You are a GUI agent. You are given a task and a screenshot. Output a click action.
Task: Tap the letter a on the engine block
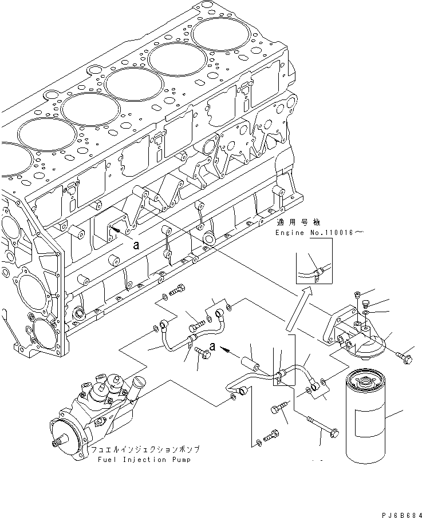(x=135, y=245)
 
